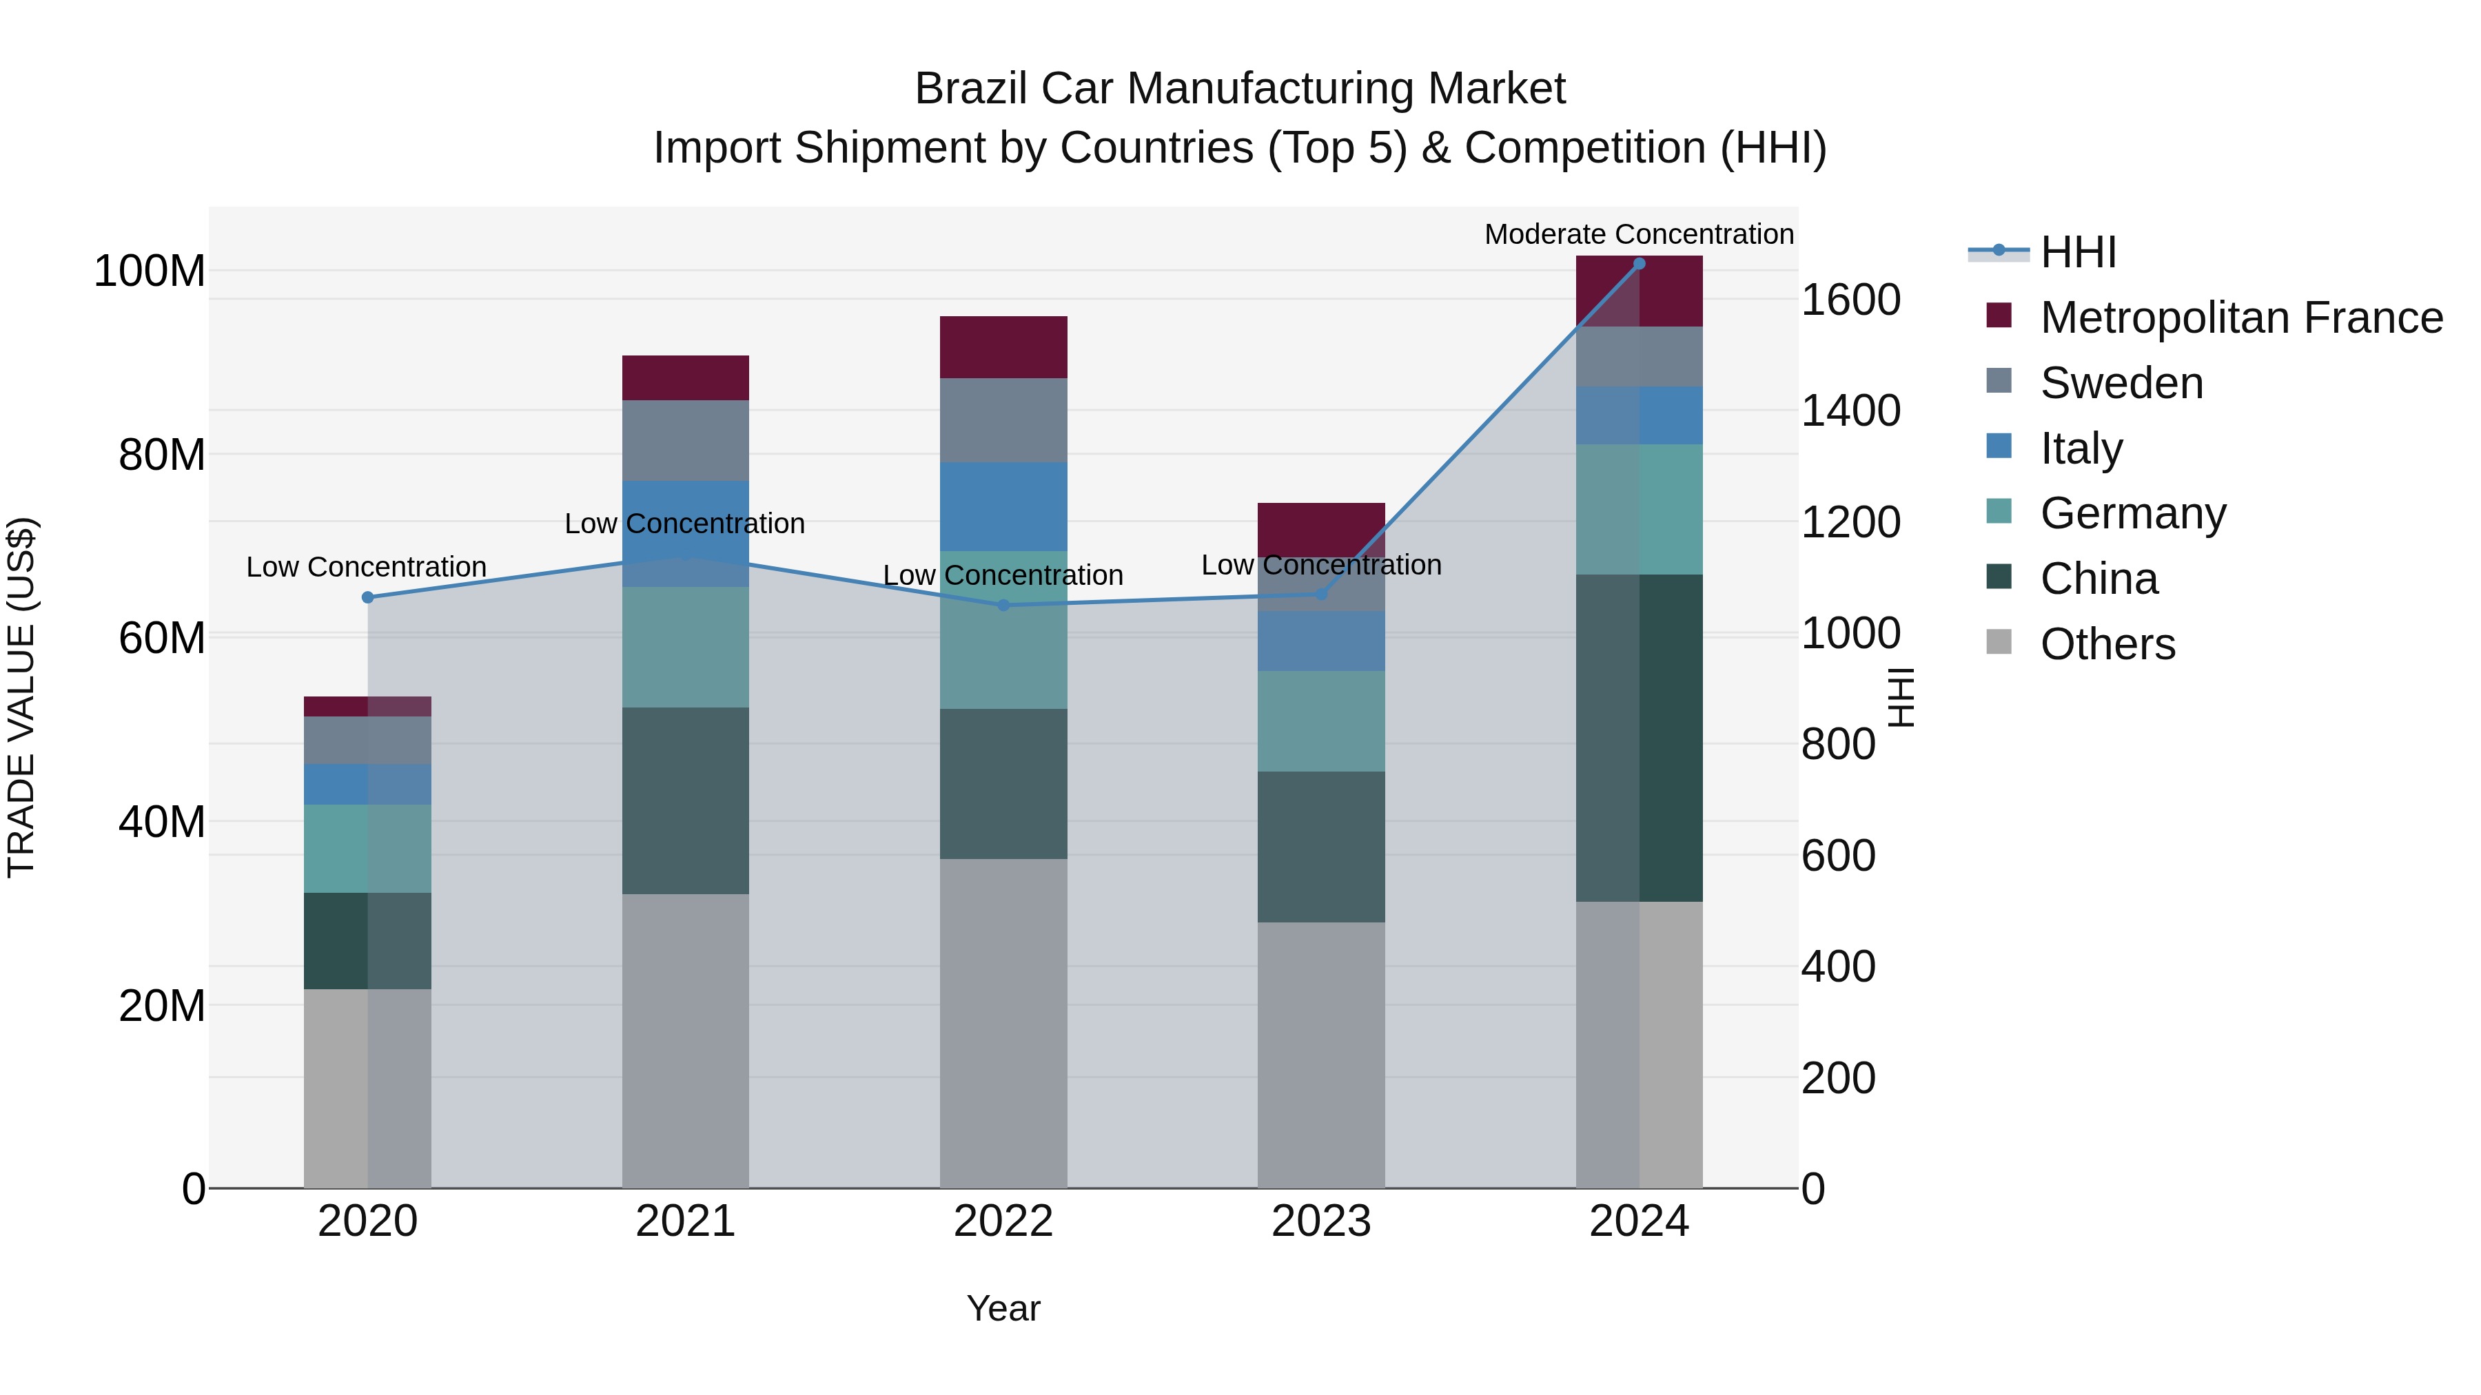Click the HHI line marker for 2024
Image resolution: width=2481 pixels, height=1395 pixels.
tap(1640, 264)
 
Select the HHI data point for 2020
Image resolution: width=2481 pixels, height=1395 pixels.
tap(368, 597)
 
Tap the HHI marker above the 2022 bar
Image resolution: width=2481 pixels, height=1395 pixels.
tap(1003, 606)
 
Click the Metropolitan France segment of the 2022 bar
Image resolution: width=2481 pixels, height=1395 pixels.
tap(1003, 347)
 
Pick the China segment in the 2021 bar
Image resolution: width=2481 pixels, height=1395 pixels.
tap(686, 801)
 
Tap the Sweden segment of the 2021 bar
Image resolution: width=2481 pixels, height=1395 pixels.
tap(686, 440)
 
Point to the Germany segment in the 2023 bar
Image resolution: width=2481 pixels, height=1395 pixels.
tap(1321, 721)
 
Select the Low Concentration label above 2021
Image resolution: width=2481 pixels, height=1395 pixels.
tap(685, 524)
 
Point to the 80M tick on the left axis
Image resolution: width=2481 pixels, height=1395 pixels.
tap(162, 455)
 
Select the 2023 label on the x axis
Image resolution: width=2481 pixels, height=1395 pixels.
tap(1321, 1221)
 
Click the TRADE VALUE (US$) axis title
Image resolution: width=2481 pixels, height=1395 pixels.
tap(21, 697)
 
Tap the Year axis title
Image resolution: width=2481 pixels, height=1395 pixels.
tap(1003, 1308)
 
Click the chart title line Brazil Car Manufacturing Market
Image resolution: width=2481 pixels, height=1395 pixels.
tap(1240, 89)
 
